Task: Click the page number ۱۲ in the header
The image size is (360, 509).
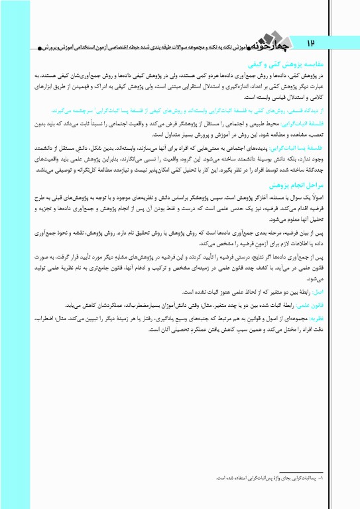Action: [x=310, y=42]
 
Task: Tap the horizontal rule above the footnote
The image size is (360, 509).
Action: [x=302, y=471]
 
